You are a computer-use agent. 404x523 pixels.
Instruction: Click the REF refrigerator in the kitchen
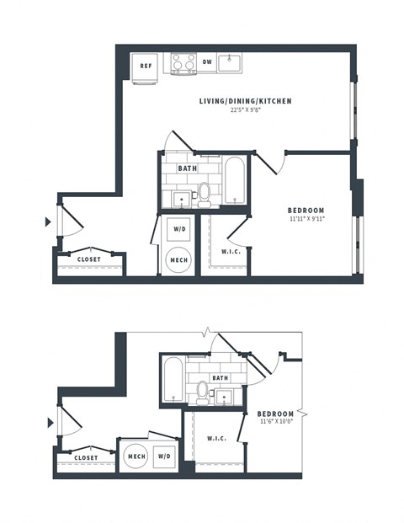click(146, 65)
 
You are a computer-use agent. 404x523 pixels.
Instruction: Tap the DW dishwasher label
click(207, 62)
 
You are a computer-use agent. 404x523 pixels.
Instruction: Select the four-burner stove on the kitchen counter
click(183, 63)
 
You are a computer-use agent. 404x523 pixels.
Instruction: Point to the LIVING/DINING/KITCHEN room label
click(245, 101)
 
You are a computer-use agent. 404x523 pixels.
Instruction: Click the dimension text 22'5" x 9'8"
click(245, 110)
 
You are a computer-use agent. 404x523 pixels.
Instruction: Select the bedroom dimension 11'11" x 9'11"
click(306, 219)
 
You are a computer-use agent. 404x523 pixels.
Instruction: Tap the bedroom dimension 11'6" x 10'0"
click(275, 422)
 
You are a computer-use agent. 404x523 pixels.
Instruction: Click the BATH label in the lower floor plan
click(221, 378)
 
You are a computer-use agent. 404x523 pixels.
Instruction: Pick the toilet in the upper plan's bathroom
click(204, 195)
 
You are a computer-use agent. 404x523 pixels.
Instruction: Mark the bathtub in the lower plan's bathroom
click(172, 380)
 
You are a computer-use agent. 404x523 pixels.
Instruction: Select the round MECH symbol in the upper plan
click(179, 260)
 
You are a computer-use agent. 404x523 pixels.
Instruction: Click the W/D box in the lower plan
click(163, 456)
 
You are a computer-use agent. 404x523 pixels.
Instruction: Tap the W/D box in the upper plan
click(179, 229)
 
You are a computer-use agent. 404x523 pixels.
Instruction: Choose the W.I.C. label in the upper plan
click(231, 250)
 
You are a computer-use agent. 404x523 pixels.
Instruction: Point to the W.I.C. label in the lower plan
click(216, 439)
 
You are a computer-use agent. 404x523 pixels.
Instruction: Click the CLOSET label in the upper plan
click(88, 259)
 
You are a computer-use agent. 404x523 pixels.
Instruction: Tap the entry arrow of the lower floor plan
click(50, 422)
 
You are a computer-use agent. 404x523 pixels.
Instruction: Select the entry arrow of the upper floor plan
click(47, 223)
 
